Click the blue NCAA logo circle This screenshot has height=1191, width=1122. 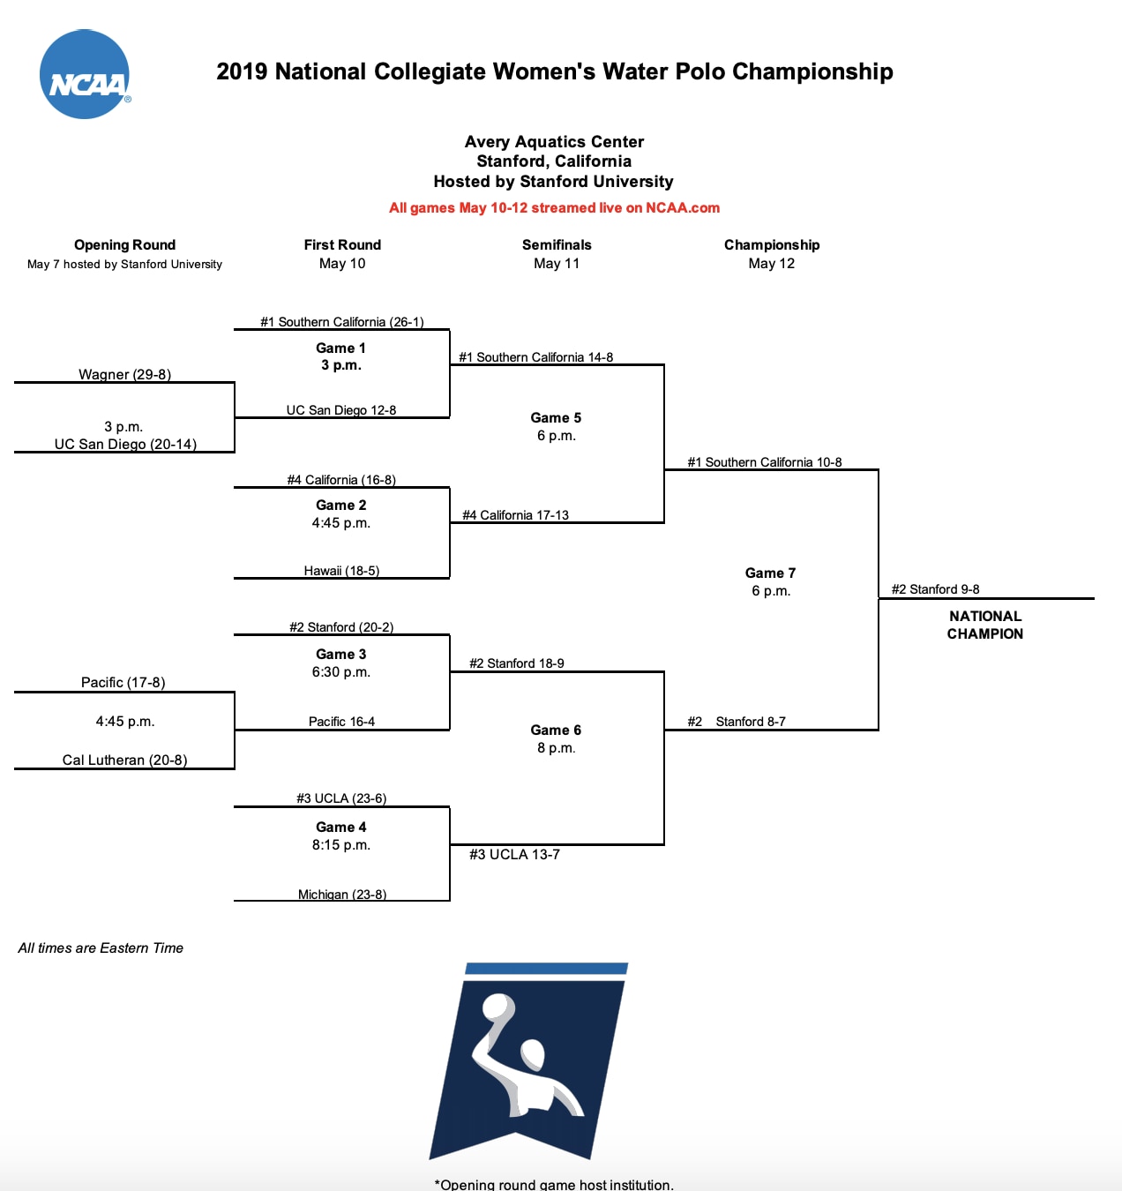[x=85, y=75]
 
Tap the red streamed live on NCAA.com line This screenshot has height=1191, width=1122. [x=554, y=208]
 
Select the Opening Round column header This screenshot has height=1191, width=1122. [x=124, y=245]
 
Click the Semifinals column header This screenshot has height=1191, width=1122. [x=557, y=245]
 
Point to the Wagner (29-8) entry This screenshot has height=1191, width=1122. [x=124, y=374]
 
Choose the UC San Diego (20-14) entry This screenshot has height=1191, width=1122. [x=125, y=444]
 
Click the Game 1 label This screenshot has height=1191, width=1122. [x=340, y=348]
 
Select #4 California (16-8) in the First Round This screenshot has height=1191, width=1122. [x=341, y=480]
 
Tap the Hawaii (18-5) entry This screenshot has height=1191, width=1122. [x=341, y=571]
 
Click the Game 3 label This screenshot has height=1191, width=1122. [x=340, y=655]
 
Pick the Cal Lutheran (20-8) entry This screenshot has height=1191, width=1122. [x=124, y=760]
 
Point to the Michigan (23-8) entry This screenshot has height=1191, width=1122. [x=342, y=895]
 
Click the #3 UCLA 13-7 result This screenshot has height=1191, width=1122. [x=514, y=854]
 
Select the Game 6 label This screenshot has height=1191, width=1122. [x=556, y=730]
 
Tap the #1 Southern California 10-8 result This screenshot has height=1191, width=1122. [x=765, y=462]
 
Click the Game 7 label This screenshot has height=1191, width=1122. [x=770, y=573]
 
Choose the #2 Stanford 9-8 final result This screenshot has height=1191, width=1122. [x=935, y=589]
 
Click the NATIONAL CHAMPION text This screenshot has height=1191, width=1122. [x=985, y=625]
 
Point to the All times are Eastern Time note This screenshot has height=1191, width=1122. [x=101, y=948]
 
